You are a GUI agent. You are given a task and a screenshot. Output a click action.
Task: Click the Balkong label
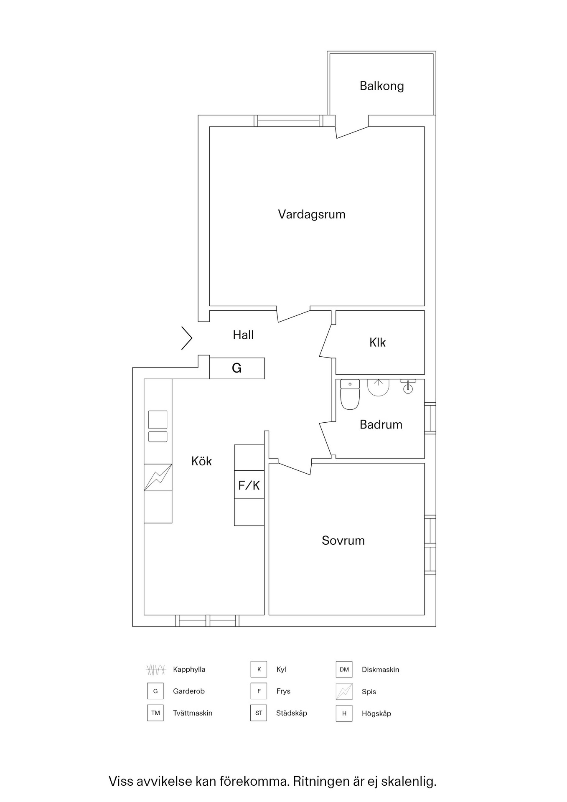click(381, 86)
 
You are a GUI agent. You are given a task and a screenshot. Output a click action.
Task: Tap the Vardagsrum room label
click(312, 214)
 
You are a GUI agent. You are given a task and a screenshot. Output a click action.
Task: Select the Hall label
click(243, 335)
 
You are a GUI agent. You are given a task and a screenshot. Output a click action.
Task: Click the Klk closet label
click(377, 343)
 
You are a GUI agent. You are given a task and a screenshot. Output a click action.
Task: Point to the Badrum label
click(381, 424)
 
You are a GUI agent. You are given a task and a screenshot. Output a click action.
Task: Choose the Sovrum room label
click(343, 541)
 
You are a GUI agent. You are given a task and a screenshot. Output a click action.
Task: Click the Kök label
click(201, 461)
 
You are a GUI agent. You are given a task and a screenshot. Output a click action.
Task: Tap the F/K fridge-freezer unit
click(249, 485)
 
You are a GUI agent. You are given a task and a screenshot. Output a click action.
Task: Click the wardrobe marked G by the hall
click(237, 368)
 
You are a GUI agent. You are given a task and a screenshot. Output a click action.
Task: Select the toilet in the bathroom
click(350, 394)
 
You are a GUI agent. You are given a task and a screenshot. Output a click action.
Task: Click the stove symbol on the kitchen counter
click(158, 477)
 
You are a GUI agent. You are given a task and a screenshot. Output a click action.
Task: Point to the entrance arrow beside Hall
click(187, 338)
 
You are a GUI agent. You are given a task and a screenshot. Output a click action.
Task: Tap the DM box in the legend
click(344, 669)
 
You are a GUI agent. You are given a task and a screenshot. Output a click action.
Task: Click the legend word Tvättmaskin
click(193, 713)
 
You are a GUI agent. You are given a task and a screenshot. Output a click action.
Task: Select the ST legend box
click(259, 713)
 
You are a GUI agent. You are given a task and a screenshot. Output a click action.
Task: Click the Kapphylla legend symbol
click(156, 670)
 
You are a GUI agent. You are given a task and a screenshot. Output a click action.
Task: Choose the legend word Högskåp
click(376, 713)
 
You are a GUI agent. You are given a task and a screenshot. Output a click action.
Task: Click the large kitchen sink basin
click(158, 420)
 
